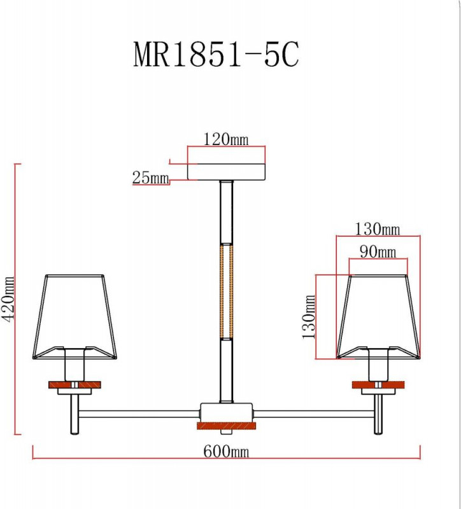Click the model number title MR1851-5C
216,55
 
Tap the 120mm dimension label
226,139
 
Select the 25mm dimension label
150,178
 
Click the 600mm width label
226,451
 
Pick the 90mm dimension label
378,251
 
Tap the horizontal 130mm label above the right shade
377,229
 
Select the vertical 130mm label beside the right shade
308,317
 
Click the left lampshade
74,316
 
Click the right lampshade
378,316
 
